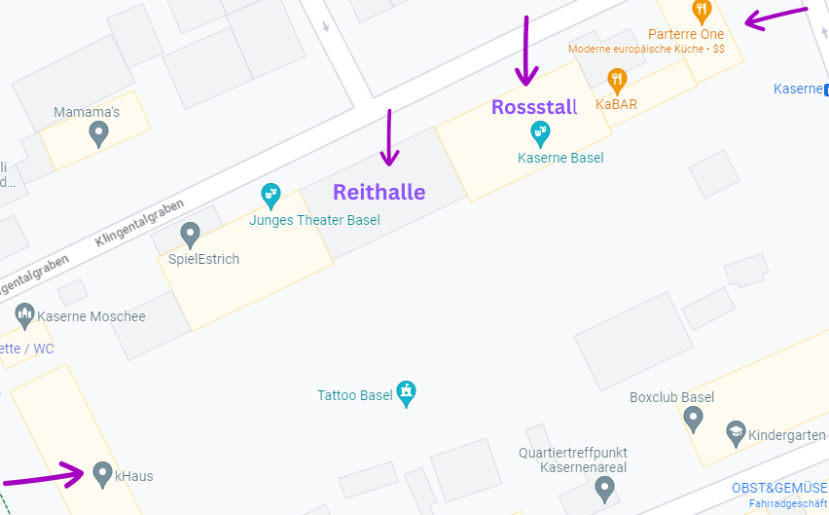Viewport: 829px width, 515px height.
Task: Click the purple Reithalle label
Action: point(379,192)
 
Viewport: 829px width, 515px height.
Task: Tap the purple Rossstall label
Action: point(534,107)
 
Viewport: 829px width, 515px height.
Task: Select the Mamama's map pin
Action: point(97,133)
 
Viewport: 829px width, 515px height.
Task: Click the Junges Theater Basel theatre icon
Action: point(271,196)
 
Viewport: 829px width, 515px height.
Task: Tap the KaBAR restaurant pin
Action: point(616,80)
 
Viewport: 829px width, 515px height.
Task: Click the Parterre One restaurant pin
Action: point(701,12)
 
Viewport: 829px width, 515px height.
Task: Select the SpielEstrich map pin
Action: point(191,235)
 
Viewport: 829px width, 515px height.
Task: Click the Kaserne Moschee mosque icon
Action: point(25,315)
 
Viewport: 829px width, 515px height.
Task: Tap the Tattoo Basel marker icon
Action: point(407,394)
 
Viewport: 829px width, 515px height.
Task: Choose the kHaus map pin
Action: point(102,474)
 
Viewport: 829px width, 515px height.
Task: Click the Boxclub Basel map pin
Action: point(693,419)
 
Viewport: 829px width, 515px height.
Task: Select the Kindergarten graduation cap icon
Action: point(737,432)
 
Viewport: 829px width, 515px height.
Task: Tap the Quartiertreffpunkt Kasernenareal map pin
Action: point(605,490)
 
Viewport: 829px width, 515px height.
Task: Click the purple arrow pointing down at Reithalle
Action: point(389,137)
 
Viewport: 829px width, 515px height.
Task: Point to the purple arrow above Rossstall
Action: point(526,50)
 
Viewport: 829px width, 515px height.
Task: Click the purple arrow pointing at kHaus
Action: point(44,477)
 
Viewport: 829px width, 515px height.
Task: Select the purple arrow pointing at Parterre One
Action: point(775,17)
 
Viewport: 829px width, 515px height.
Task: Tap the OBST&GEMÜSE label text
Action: point(779,488)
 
